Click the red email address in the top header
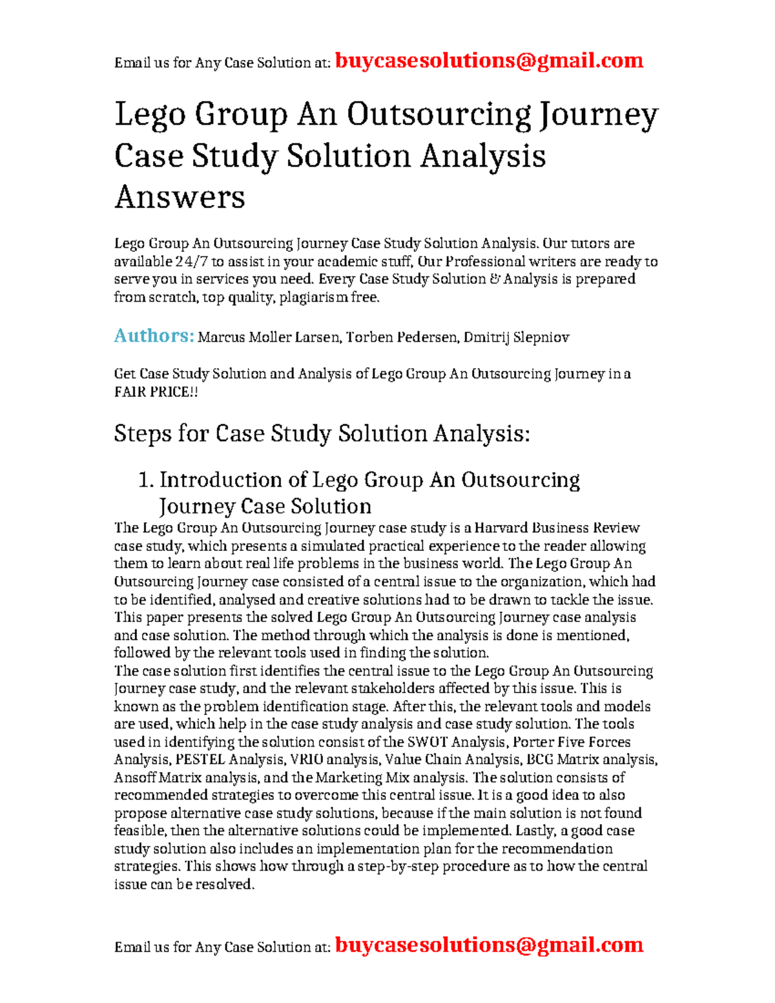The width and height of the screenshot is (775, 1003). (489, 61)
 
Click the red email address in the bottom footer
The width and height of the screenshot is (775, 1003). (489, 945)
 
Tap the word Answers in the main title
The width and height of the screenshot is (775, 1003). (180, 197)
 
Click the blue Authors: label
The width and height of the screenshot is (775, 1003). (154, 336)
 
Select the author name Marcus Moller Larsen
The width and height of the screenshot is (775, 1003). (269, 337)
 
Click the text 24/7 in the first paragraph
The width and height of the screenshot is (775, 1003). (191, 262)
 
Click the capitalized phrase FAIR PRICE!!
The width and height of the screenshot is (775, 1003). (156, 392)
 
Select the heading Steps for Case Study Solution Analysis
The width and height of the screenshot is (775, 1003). (322, 433)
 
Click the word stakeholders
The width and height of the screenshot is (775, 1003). (364, 688)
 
